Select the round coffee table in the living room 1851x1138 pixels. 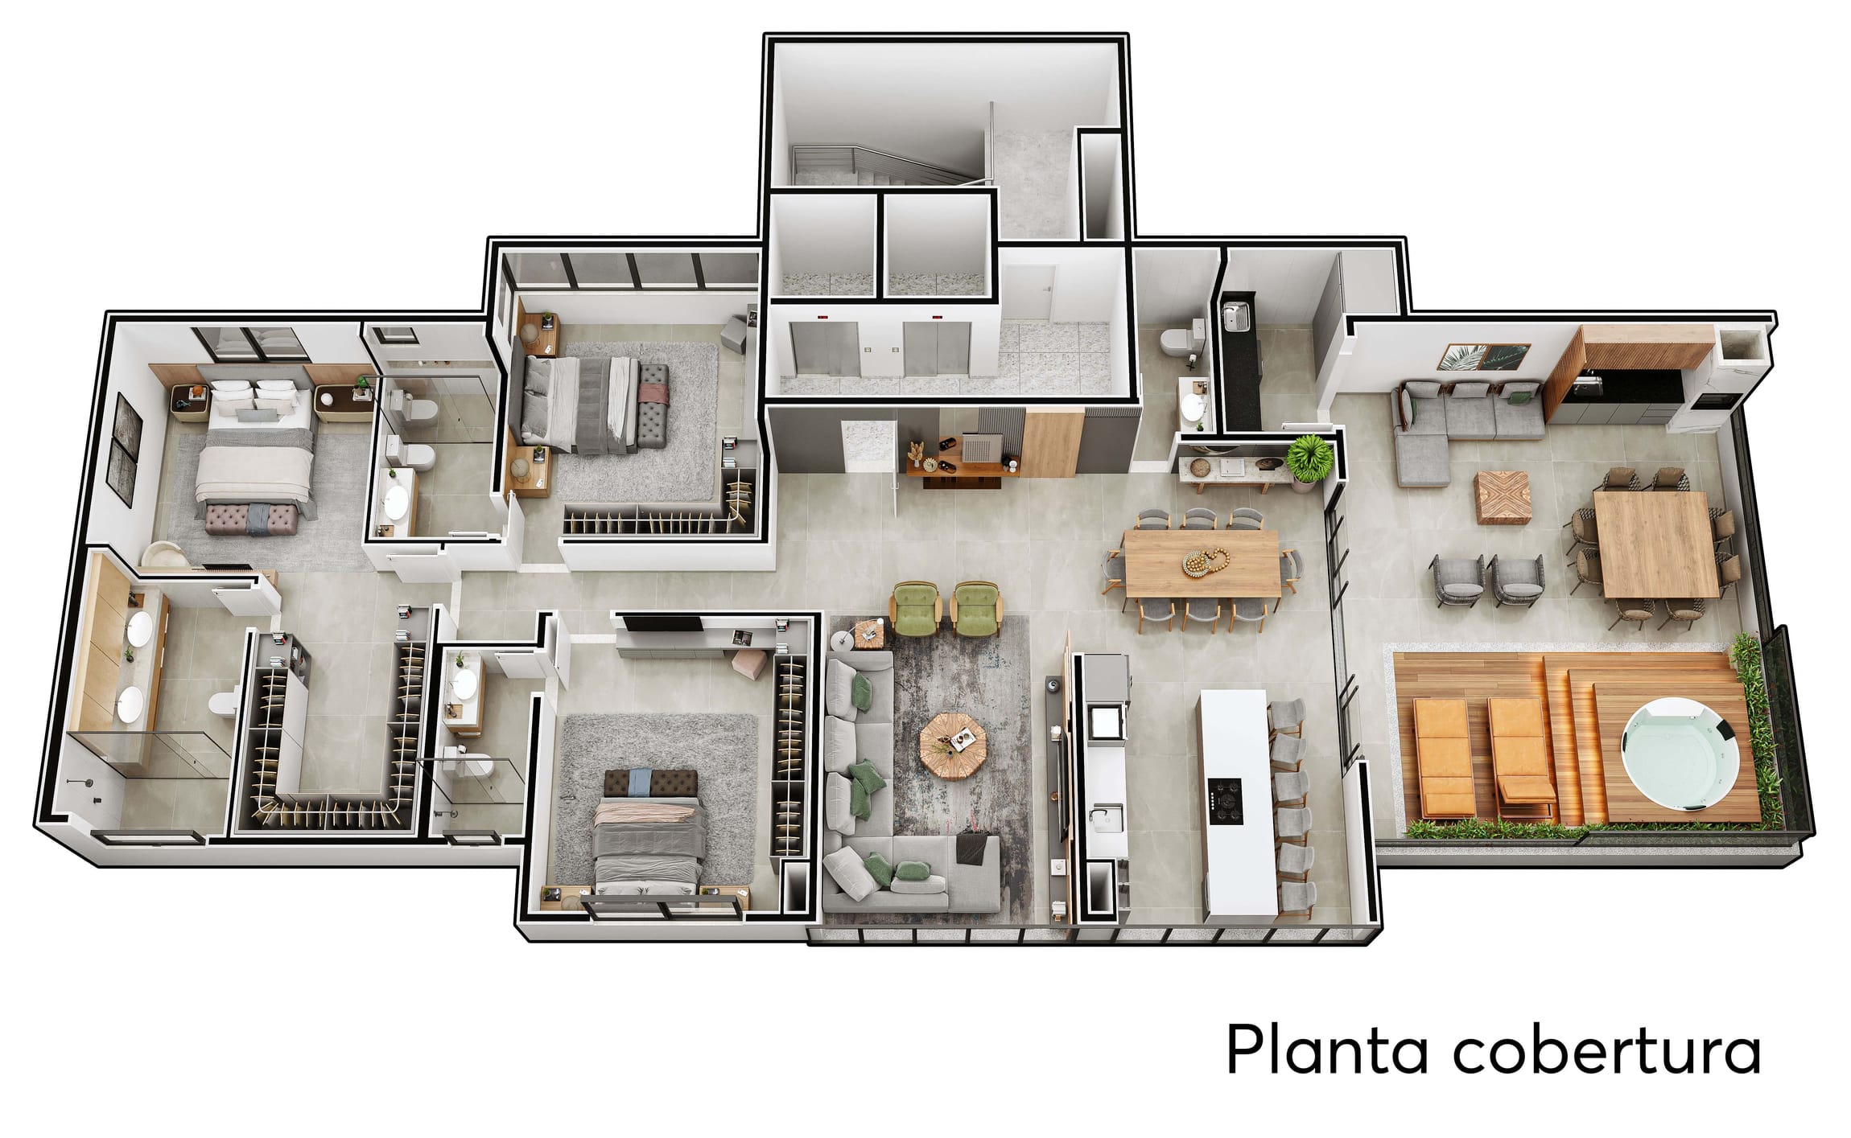coord(953,745)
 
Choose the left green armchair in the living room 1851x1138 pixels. coord(915,608)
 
